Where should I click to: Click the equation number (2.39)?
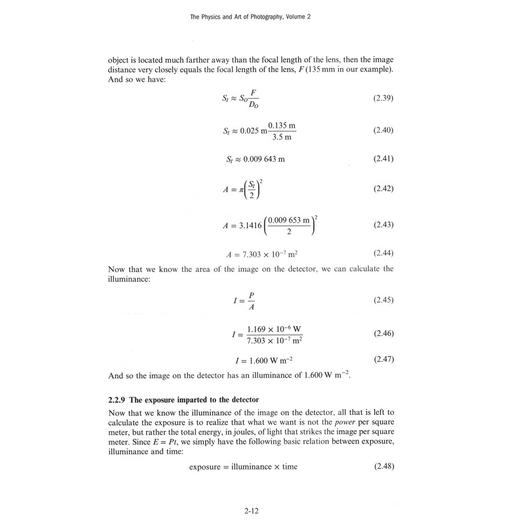pos(383,98)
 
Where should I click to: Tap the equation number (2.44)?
pos(383,253)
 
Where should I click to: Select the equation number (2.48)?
pos(383,466)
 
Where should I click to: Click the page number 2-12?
pos(252,511)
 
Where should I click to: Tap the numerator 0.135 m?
pos(282,125)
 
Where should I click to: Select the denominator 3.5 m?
pos(282,137)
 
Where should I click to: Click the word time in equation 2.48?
pos(289,467)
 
